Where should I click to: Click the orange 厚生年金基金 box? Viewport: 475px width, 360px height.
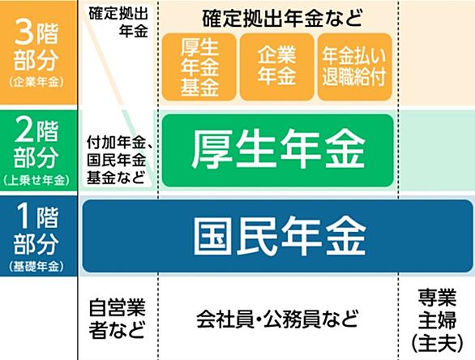[x=199, y=67]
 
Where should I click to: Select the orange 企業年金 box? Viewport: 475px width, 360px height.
[x=277, y=67]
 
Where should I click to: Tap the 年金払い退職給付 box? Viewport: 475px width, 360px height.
[x=355, y=67]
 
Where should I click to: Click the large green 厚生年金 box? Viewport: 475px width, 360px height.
[x=278, y=150]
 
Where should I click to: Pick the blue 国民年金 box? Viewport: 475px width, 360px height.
[x=277, y=236]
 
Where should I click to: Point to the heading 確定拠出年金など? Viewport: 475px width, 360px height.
[x=282, y=18]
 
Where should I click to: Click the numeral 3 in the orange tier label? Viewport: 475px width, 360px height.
[x=24, y=33]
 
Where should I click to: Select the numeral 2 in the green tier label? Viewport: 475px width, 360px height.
[x=24, y=131]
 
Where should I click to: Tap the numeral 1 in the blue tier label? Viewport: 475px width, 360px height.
[x=24, y=216]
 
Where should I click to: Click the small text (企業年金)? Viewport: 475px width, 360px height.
[x=36, y=82]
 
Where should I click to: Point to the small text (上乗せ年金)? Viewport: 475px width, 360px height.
[x=36, y=180]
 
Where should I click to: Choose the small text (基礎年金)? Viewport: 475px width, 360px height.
[x=36, y=267]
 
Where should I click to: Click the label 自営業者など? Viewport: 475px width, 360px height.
[x=117, y=319]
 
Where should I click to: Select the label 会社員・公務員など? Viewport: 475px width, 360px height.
[x=277, y=319]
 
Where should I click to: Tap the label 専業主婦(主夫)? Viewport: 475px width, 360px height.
[x=437, y=320]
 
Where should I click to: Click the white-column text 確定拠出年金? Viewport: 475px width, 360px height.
[x=118, y=23]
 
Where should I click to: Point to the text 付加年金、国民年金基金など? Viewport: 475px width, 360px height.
[x=119, y=160]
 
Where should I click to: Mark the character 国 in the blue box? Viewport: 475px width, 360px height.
[x=212, y=235]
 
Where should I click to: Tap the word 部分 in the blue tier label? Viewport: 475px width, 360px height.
[x=36, y=244]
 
